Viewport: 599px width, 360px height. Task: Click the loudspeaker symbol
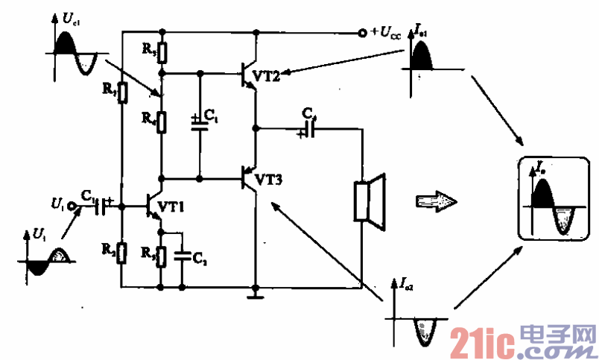coord(369,199)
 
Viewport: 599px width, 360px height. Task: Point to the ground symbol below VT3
coord(256,295)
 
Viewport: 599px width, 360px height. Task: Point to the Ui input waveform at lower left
coord(47,260)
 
